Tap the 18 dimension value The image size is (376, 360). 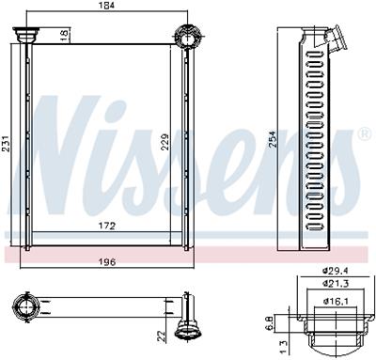pyautogui.click(x=65, y=34)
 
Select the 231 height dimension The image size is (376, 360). pyautogui.click(x=7, y=144)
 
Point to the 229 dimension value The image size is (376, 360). pyautogui.click(x=165, y=142)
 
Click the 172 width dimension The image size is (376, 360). pyautogui.click(x=107, y=226)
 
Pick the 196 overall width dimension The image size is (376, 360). pyautogui.click(x=107, y=261)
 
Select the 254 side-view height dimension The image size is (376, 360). pyautogui.click(x=273, y=139)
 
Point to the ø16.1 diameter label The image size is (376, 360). pyautogui.click(x=337, y=302)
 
